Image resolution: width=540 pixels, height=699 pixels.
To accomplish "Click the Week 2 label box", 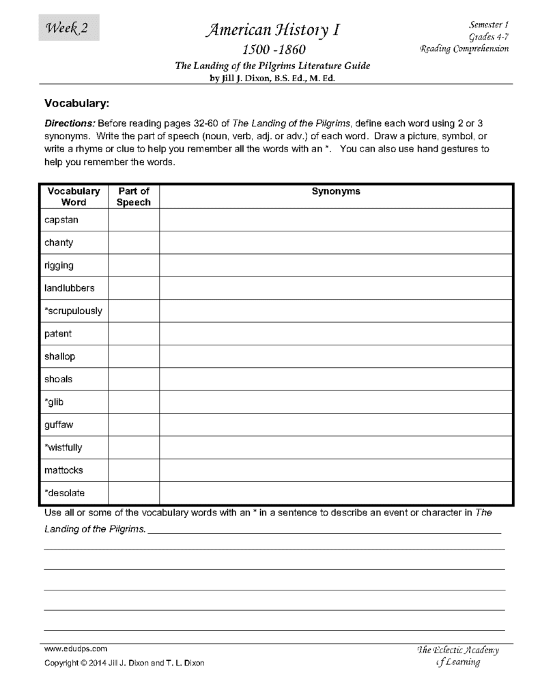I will point(68,28).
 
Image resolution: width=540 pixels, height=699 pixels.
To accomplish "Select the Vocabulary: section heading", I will point(77,104).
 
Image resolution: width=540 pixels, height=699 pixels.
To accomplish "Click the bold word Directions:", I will point(70,124).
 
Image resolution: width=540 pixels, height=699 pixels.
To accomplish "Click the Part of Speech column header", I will point(133,197).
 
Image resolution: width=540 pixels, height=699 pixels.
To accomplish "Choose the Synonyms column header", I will point(336,192).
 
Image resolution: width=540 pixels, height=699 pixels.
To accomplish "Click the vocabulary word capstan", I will point(61,220).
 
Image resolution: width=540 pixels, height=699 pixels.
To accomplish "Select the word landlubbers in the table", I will point(70,288).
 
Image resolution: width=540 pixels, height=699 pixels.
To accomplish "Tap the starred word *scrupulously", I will point(73,311).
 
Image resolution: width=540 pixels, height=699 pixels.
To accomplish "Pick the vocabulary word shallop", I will point(60,356).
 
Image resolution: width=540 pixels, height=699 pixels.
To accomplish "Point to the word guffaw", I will point(59,425).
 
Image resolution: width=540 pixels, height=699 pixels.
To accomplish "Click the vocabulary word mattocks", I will point(64,470).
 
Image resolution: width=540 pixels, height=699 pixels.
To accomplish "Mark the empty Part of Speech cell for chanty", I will point(133,242).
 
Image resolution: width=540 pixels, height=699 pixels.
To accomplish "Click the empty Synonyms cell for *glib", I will point(336,402).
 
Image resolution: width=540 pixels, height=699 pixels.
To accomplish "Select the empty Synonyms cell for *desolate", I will point(336,493).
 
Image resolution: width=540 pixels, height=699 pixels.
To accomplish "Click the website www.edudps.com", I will point(75,648).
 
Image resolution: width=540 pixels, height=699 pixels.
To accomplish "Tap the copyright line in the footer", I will point(124,663).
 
